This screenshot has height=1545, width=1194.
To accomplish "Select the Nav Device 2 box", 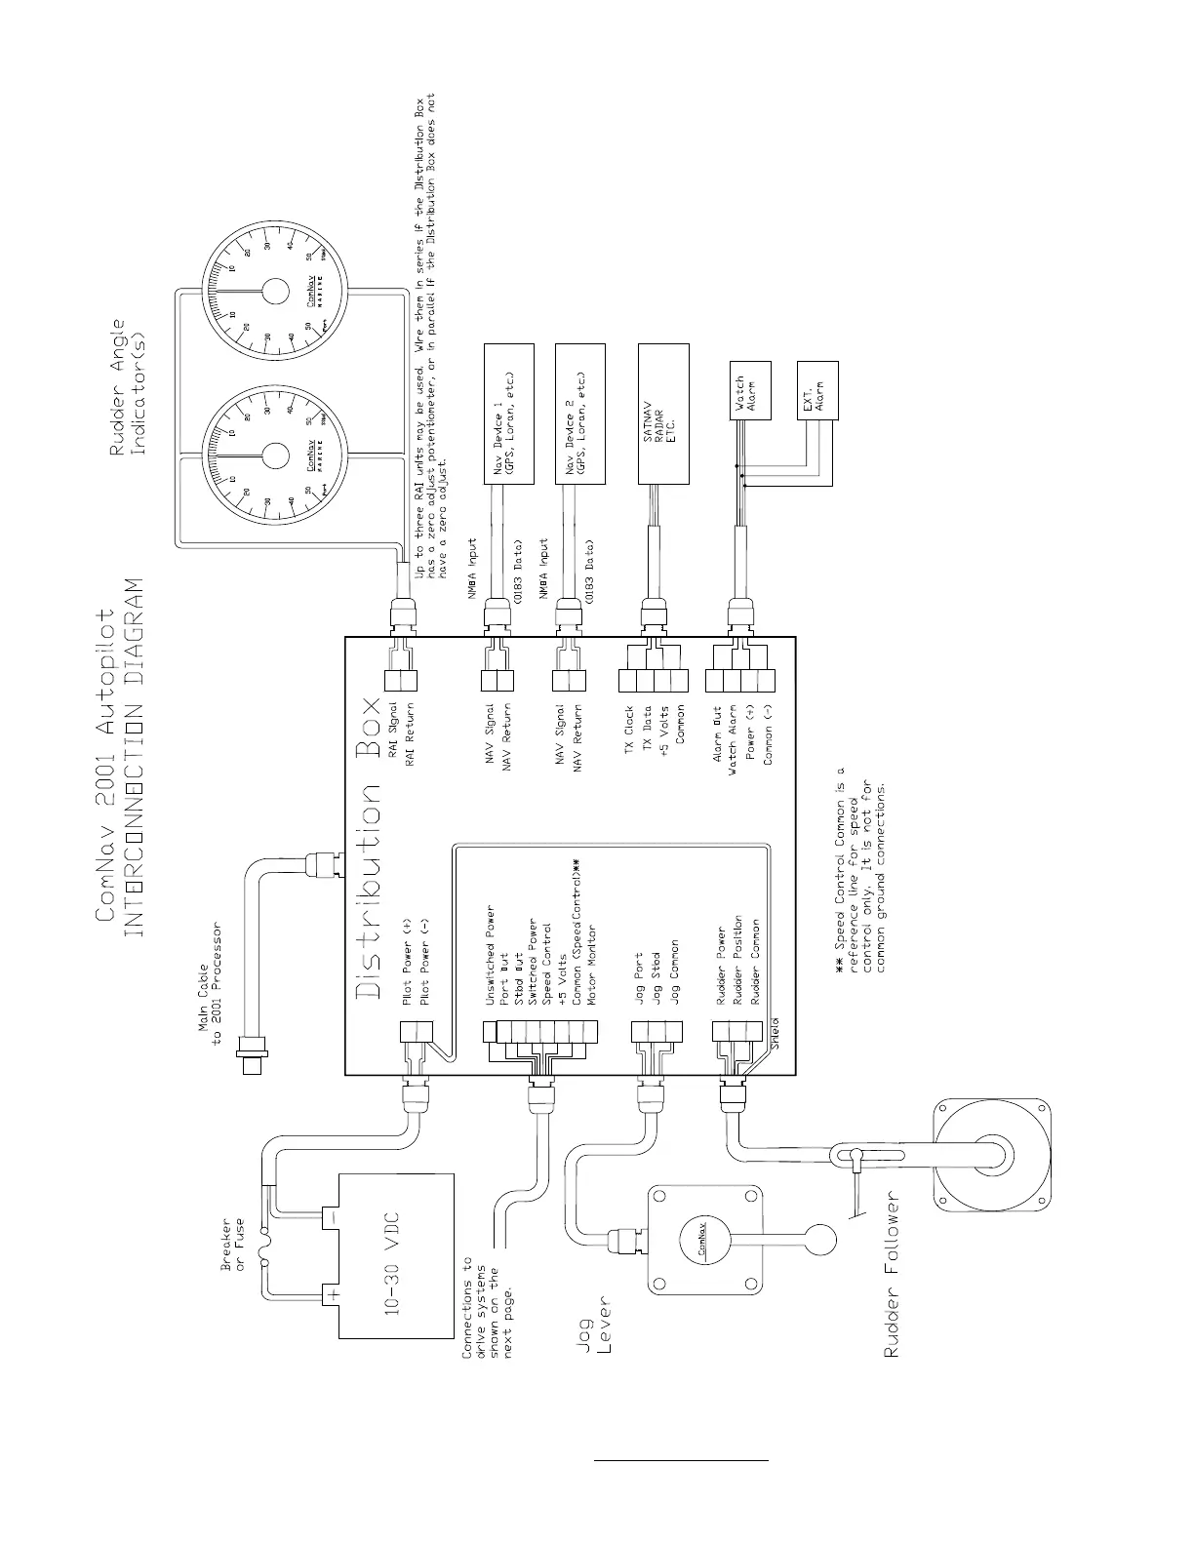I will pyautogui.click(x=579, y=414).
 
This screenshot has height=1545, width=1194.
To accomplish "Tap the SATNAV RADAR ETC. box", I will pyautogui.click(x=663, y=414).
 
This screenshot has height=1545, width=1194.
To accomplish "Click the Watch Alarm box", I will pyautogui.click(x=750, y=390).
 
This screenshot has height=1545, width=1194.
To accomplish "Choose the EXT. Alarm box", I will pyautogui.click(x=817, y=390).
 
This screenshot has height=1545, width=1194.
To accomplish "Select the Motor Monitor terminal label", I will pyautogui.click(x=592, y=966).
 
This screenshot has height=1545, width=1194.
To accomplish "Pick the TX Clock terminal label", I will pyautogui.click(x=629, y=729).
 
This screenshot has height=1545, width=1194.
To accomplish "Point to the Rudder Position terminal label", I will pyautogui.click(x=738, y=960).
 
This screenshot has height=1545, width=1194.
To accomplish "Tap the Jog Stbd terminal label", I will pyautogui.click(x=656, y=974).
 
